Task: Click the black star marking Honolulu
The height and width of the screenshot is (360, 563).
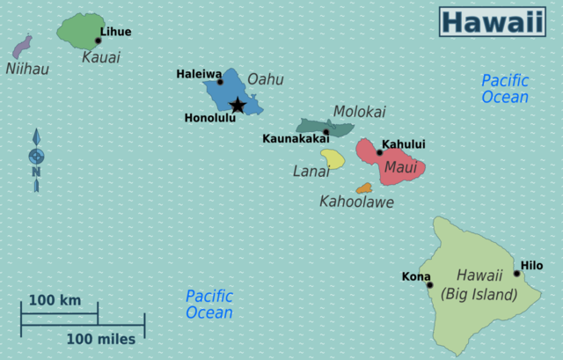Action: point(238,106)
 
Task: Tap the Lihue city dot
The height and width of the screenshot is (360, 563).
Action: point(98,40)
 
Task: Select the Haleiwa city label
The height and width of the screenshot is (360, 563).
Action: point(199,74)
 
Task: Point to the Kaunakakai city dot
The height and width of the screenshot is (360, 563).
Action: point(325,132)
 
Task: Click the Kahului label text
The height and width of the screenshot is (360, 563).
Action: point(404,144)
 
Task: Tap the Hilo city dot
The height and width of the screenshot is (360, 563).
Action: point(517,273)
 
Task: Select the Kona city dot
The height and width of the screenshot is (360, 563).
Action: point(429,284)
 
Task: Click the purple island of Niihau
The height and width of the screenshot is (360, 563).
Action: point(22,47)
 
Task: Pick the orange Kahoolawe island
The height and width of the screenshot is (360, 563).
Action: point(363,188)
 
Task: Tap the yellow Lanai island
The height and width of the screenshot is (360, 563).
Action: point(332,158)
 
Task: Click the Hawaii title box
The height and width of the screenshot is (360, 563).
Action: point(493,22)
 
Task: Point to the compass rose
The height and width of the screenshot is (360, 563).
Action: point(36,158)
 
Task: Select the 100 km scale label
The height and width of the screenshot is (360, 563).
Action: point(55,300)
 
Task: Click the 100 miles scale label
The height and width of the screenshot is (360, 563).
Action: point(101,339)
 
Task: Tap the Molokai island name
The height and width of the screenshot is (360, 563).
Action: point(359,112)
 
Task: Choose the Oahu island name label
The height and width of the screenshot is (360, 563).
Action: point(265,79)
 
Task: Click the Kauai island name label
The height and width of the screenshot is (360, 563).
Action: point(100,57)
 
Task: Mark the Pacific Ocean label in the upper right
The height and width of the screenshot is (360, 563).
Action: point(505,88)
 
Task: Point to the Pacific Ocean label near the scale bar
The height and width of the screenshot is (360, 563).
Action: point(209,304)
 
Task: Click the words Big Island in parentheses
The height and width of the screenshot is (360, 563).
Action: point(479,294)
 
